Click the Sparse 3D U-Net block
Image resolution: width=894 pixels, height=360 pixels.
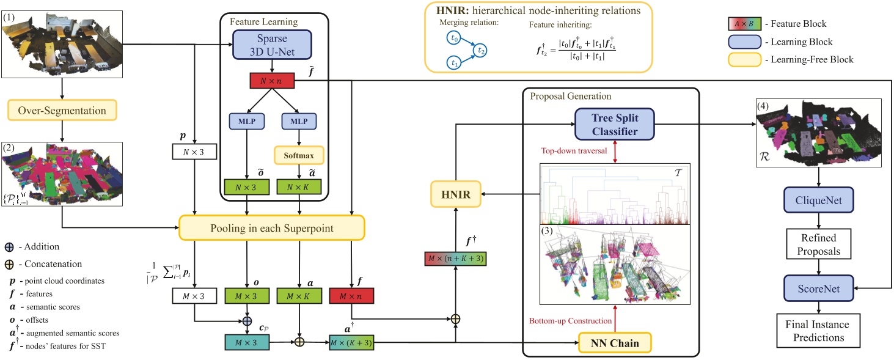(x=272, y=44)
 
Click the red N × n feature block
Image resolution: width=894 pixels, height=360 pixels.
(x=272, y=79)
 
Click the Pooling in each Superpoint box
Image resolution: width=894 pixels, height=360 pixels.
(x=271, y=227)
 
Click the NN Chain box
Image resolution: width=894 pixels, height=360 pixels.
(x=614, y=343)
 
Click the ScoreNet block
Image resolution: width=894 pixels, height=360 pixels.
(x=819, y=287)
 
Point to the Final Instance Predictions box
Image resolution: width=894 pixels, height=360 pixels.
(x=819, y=331)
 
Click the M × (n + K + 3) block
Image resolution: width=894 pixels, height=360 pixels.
(x=456, y=260)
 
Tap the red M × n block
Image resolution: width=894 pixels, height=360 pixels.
(x=351, y=296)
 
